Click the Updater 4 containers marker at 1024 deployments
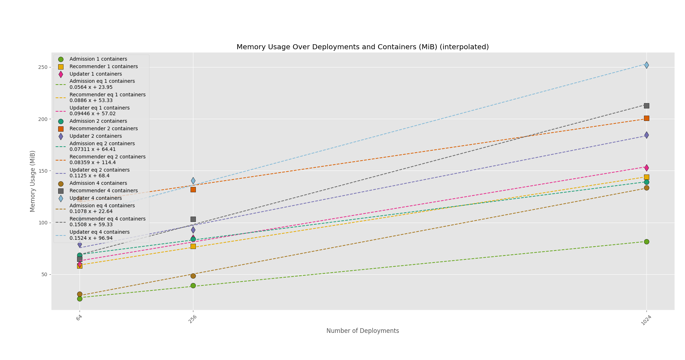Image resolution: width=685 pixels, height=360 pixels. (x=646, y=65)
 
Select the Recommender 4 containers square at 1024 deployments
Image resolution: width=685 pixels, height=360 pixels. (x=646, y=106)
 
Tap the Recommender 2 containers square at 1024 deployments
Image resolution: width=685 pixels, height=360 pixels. (x=646, y=118)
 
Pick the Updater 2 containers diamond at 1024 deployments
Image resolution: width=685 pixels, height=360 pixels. (x=646, y=135)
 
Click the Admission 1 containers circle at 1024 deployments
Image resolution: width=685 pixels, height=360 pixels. (x=646, y=242)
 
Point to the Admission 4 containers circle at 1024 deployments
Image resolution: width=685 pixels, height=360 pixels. (x=646, y=188)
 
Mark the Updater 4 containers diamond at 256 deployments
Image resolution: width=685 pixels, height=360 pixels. (x=193, y=181)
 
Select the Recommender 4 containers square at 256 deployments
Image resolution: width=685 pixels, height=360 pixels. (x=193, y=219)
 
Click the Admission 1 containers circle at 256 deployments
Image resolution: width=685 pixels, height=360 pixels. (x=193, y=285)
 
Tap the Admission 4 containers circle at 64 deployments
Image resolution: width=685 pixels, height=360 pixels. (x=80, y=294)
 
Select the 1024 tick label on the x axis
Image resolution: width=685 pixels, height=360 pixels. (x=646, y=320)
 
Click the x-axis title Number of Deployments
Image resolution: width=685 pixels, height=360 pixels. (x=362, y=331)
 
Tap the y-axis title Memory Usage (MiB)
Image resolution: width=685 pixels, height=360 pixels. (x=33, y=181)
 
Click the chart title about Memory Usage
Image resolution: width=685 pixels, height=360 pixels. (x=362, y=47)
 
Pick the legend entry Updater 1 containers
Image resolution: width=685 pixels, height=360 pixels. (x=96, y=74)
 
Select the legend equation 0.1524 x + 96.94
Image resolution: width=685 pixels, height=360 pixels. (x=91, y=238)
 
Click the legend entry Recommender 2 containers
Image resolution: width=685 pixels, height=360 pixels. (x=103, y=128)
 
